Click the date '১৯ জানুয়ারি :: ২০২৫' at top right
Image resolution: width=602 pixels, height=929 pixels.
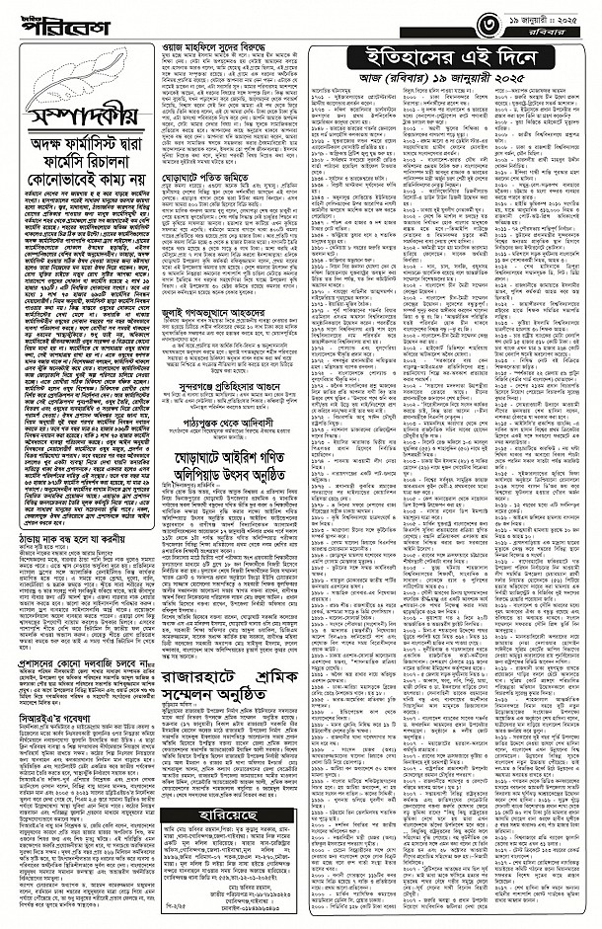[547, 16]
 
